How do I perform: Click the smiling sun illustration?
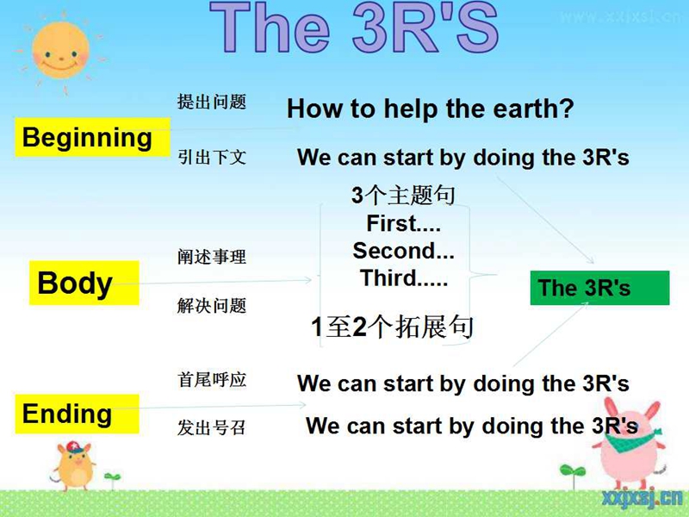pyautogui.click(x=60, y=52)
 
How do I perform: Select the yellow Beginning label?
pyautogui.click(x=93, y=137)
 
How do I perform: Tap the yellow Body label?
pyautogui.click(x=84, y=283)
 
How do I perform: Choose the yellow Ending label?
pyautogui.click(x=77, y=414)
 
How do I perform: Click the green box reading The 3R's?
pyautogui.click(x=599, y=288)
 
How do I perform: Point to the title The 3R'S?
pyautogui.click(x=354, y=28)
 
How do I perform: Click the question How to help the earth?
pyautogui.click(x=430, y=109)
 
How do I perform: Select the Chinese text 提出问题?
pyautogui.click(x=212, y=102)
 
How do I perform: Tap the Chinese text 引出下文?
pyautogui.click(x=212, y=157)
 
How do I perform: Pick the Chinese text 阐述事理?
pyautogui.click(x=212, y=257)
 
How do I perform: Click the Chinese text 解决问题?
pyautogui.click(x=212, y=306)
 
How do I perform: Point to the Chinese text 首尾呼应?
pyautogui.click(x=212, y=380)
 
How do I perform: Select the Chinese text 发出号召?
pyautogui.click(x=211, y=427)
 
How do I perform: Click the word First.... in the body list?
pyautogui.click(x=403, y=223)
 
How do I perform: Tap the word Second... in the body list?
pyautogui.click(x=403, y=251)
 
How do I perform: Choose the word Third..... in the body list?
pyautogui.click(x=404, y=277)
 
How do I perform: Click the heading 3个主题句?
pyautogui.click(x=403, y=196)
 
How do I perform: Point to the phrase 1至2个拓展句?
pyautogui.click(x=392, y=327)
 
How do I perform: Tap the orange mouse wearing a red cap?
pyautogui.click(x=74, y=466)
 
